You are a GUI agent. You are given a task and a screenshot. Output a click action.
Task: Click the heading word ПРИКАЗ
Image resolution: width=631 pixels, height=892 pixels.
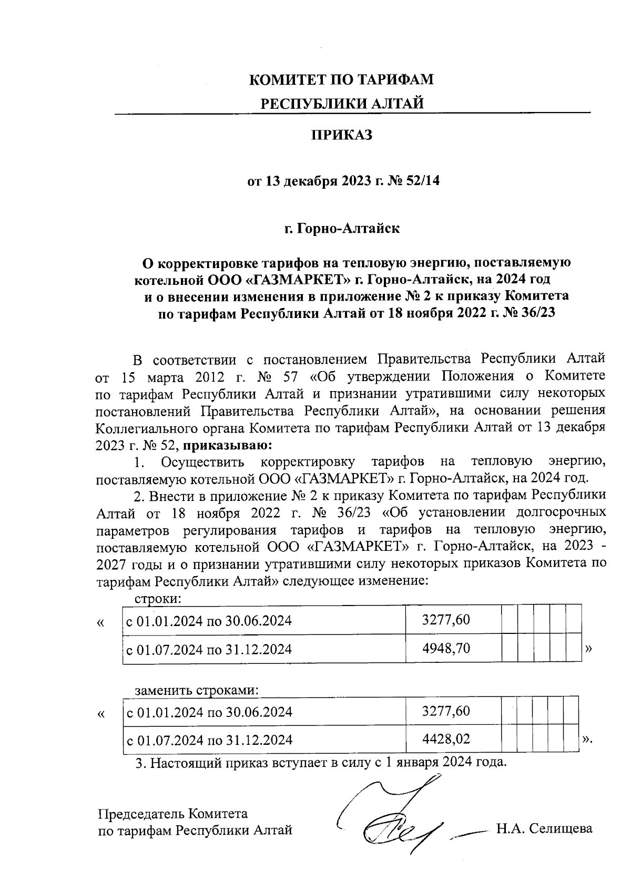click(342, 136)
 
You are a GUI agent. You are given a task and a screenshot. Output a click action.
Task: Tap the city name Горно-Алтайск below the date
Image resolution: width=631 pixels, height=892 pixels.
click(349, 229)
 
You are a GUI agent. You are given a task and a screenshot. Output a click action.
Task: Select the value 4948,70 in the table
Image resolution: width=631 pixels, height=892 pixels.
click(446, 649)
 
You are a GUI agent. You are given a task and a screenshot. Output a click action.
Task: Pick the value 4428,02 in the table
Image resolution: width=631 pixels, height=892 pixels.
click(446, 740)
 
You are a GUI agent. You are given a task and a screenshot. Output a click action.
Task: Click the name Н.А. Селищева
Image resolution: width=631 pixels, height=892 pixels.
click(544, 829)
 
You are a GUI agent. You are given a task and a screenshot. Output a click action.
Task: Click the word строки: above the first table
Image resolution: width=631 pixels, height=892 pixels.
click(158, 598)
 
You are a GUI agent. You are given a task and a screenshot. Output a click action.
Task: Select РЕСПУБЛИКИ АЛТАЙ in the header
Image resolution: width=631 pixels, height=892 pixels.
click(342, 103)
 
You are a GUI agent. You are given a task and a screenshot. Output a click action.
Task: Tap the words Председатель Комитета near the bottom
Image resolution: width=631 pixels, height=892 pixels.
click(173, 814)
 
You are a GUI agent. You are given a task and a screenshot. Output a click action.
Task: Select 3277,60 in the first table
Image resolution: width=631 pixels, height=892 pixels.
click(446, 620)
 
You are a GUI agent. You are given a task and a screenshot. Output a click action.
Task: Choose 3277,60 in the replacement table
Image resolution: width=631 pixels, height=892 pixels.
click(446, 711)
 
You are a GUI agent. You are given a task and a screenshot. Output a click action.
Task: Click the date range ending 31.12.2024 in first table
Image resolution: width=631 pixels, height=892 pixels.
click(209, 649)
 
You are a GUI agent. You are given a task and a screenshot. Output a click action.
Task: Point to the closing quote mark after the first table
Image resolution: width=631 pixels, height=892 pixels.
click(588, 649)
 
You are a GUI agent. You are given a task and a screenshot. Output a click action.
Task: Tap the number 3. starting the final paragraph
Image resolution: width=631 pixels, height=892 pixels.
click(140, 763)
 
